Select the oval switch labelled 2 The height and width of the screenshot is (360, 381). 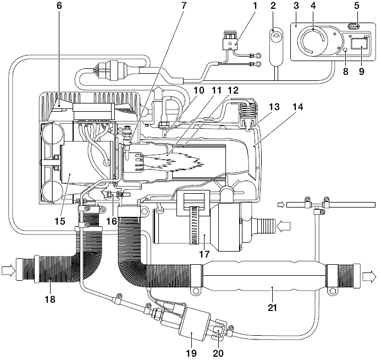pos(277,39)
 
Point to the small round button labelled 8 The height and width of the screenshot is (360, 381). pos(345,50)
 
